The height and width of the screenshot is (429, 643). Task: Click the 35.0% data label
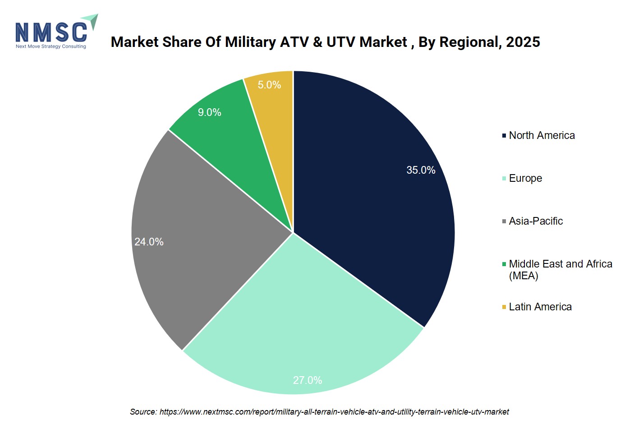tap(421, 170)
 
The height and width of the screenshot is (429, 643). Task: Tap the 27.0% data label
tap(308, 380)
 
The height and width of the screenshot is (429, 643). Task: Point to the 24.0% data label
tap(149, 242)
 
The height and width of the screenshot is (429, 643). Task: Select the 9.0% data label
tap(210, 112)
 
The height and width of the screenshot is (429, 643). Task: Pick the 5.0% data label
tap(269, 85)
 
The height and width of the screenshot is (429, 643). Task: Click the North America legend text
tap(542, 135)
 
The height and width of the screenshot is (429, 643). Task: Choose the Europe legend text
tap(526, 178)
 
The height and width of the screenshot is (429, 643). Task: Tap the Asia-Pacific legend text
tap(536, 221)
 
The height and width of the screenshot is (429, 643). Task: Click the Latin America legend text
tap(540, 307)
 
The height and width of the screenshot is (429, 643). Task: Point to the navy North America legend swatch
tap(504, 135)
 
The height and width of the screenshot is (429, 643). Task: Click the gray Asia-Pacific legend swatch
tap(504, 221)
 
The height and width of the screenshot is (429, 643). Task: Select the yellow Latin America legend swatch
tap(504, 307)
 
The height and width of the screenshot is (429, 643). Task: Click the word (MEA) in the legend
tap(524, 276)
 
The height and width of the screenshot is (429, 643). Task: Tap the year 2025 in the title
tap(523, 42)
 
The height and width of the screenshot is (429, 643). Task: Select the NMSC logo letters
tap(51, 32)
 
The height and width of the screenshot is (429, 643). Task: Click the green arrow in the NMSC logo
tap(91, 21)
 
